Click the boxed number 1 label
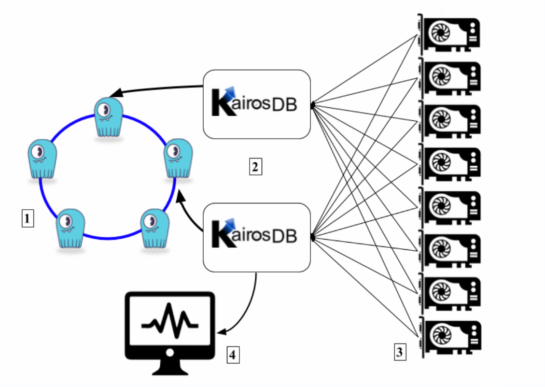click(28, 219)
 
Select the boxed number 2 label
click(255, 167)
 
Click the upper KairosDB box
click(256, 104)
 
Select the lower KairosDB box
click(256, 237)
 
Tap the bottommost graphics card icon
click(449, 335)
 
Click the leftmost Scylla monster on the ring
click(42, 159)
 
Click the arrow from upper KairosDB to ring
click(154, 90)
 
